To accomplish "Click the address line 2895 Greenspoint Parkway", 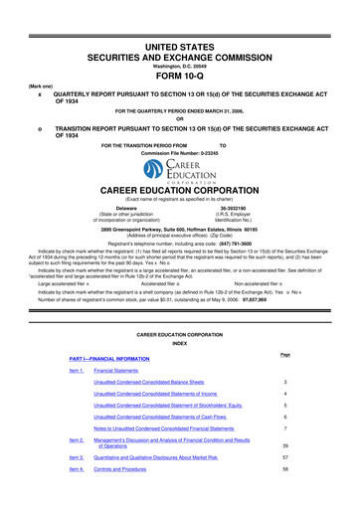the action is click(x=180, y=228).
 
